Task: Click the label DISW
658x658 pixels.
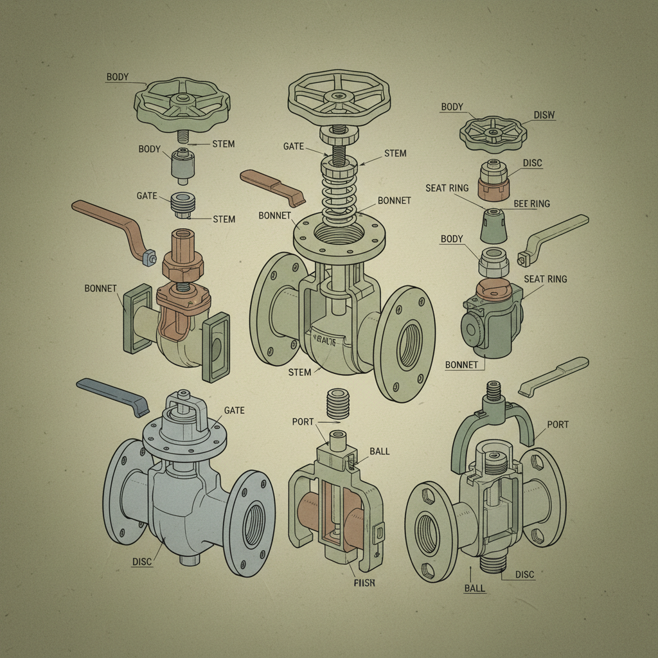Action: click(x=544, y=115)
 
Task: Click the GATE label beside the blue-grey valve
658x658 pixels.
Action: click(x=234, y=410)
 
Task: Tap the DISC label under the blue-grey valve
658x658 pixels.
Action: click(x=141, y=562)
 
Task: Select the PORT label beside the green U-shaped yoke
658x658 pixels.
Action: click(x=558, y=425)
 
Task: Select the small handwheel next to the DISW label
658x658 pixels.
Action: click(x=493, y=132)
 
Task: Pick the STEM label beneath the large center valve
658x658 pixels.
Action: click(x=300, y=372)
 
